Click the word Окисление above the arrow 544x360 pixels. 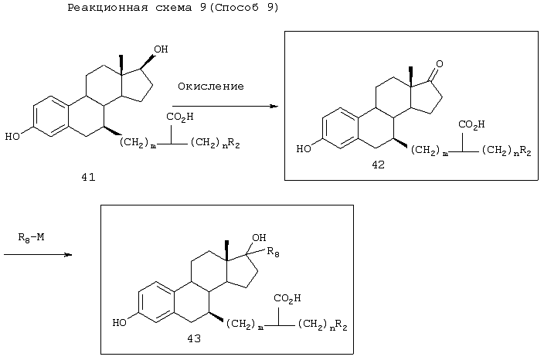[x=211, y=87]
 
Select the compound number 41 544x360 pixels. [x=88, y=177]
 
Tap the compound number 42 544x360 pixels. [x=378, y=165]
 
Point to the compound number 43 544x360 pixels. [x=194, y=338]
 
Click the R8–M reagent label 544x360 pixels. [x=31, y=238]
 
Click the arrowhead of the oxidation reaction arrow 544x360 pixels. [x=274, y=106]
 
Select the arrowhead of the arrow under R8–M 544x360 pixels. [x=68, y=255]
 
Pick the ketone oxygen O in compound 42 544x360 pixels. [x=440, y=64]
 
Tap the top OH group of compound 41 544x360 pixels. [x=161, y=49]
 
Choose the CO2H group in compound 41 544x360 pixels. [x=180, y=117]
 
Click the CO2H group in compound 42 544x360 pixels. [x=472, y=124]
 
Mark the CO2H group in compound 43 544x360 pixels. [x=287, y=298]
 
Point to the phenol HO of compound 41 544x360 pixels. [x=12, y=136]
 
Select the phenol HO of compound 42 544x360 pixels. [x=304, y=149]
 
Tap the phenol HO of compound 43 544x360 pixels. [x=120, y=323]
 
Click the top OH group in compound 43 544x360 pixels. [x=259, y=238]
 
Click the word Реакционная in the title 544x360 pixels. [x=107, y=8]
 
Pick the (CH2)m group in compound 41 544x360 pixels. [x=138, y=143]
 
